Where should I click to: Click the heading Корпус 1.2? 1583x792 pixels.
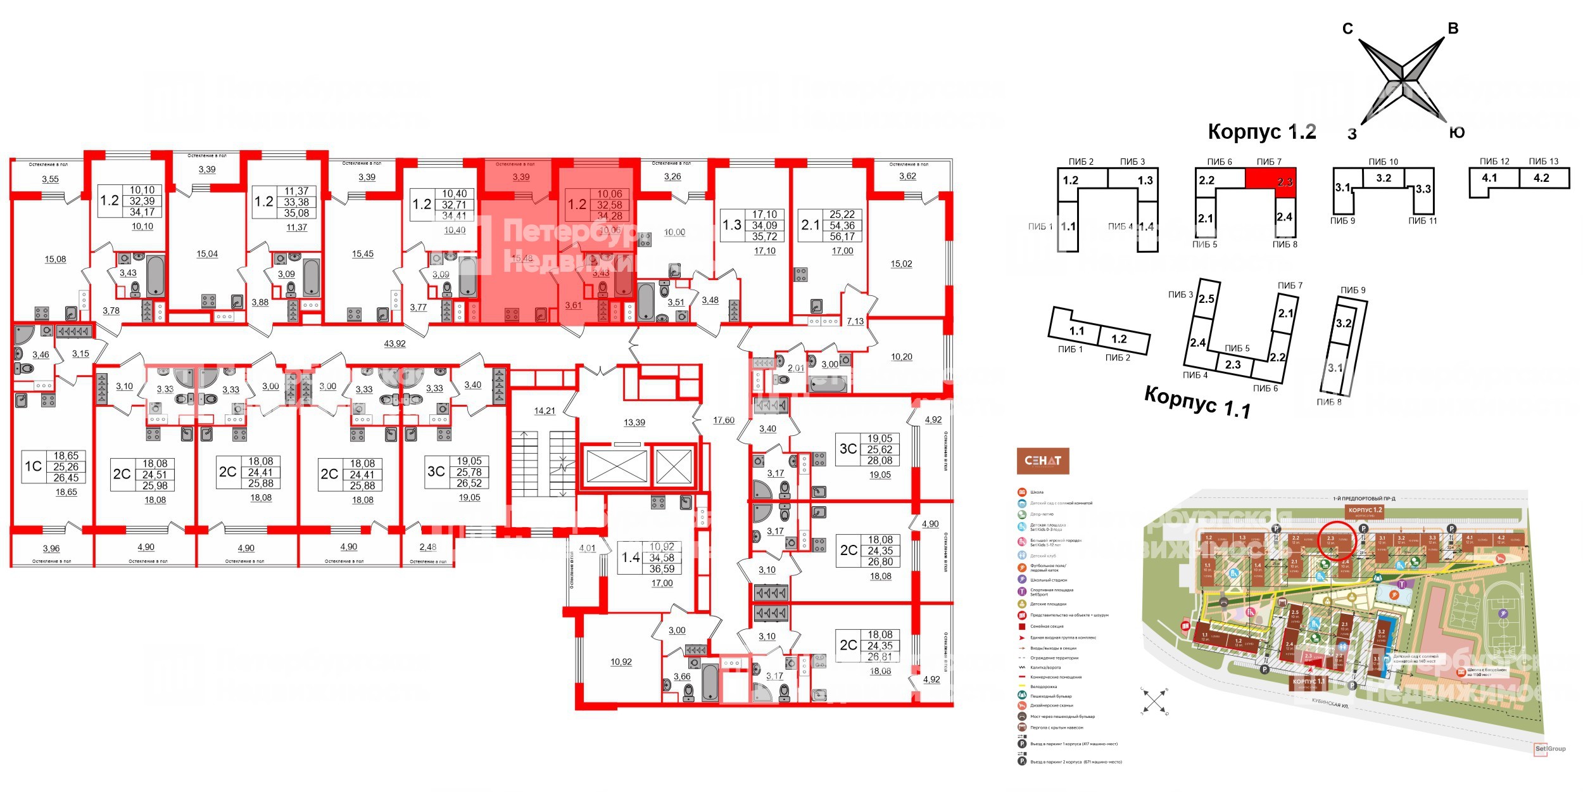tap(1261, 132)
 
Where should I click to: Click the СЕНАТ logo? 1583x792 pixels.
tap(1042, 461)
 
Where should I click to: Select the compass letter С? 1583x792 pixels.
tap(1347, 29)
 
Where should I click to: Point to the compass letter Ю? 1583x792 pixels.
tap(1456, 132)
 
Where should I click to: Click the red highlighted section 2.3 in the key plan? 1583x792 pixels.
tap(1270, 178)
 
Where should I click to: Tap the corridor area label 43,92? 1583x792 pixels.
tap(394, 344)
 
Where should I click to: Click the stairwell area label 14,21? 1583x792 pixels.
tap(544, 411)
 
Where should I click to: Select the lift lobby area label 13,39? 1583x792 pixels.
tap(634, 423)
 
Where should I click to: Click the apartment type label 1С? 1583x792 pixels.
tap(33, 466)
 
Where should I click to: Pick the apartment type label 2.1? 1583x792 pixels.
tap(810, 225)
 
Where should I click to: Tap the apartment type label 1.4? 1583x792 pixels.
tap(631, 558)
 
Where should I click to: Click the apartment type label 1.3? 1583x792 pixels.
tap(731, 225)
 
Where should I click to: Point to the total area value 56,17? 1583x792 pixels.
tap(842, 236)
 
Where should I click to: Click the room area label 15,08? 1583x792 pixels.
tap(55, 259)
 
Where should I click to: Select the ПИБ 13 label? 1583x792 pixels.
tap(1543, 162)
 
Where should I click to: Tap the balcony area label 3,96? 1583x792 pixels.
tap(51, 549)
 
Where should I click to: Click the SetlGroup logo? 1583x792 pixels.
tap(1549, 748)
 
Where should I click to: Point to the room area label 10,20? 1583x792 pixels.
tap(901, 357)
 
